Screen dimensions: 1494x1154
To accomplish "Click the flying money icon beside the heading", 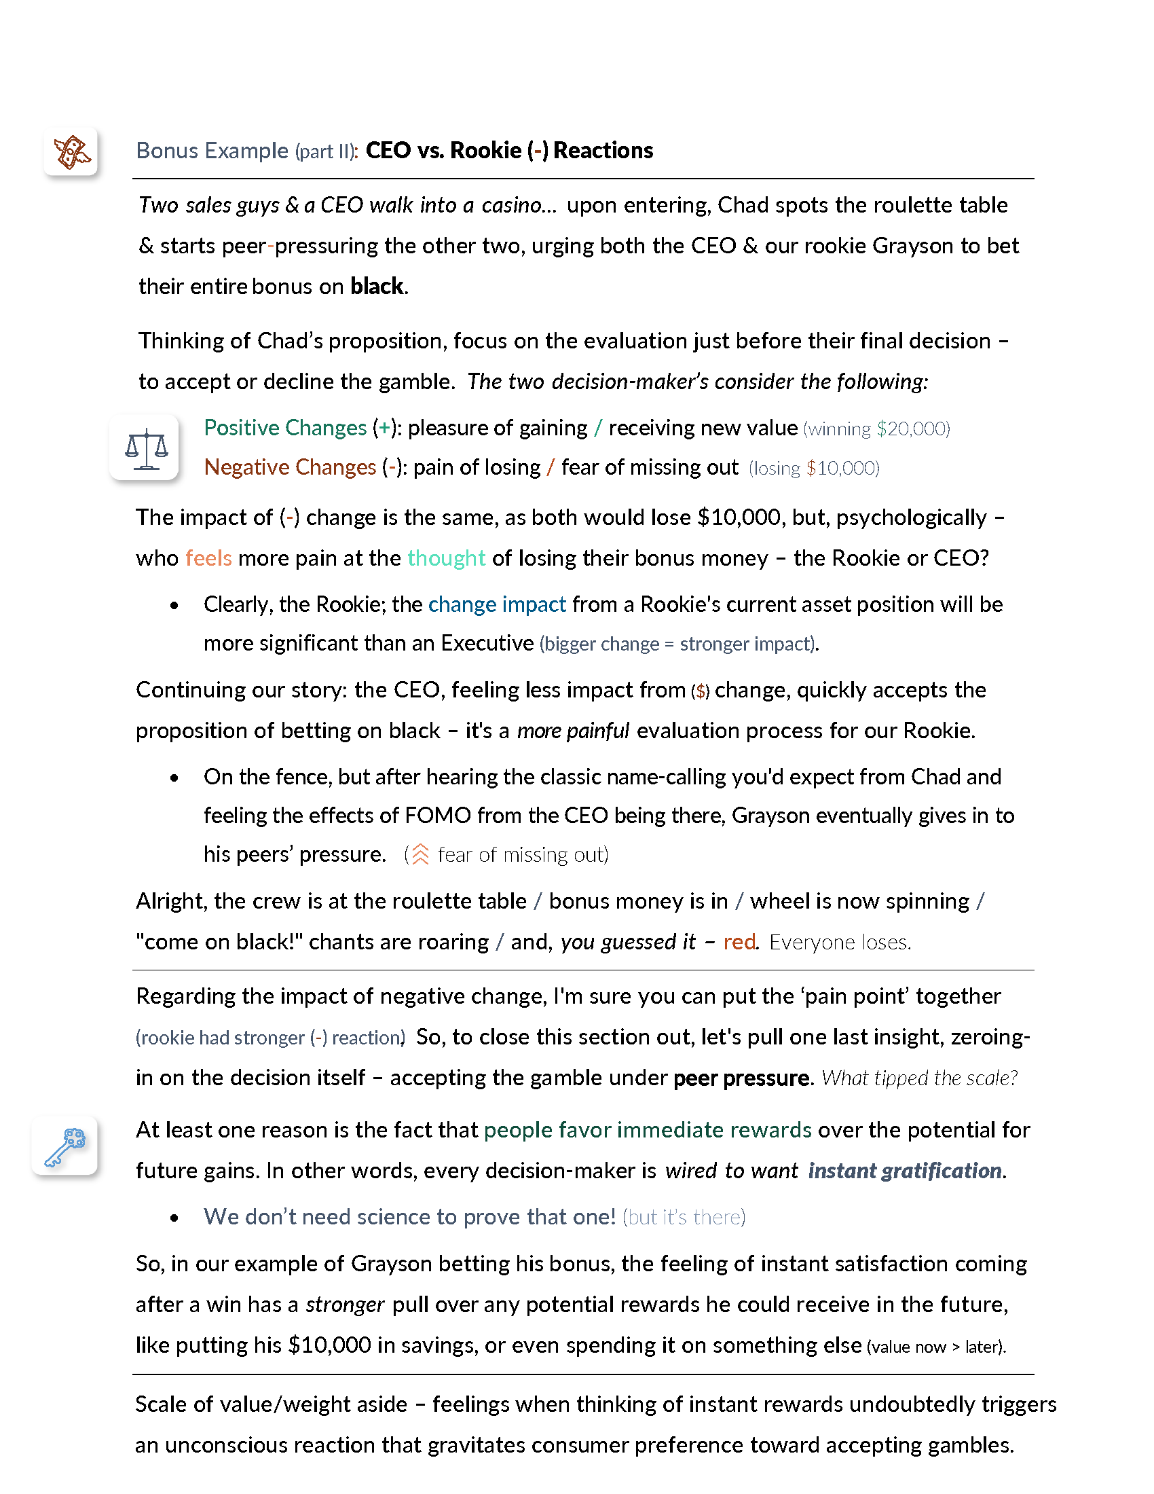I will [71, 151].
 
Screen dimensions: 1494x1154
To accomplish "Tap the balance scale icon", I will [146, 449].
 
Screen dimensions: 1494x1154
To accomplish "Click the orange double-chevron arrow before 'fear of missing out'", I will [420, 854].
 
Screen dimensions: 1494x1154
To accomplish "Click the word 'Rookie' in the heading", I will [485, 151].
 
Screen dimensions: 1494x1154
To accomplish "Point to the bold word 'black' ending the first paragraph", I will [377, 287].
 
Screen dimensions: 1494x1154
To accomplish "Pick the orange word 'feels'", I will [208, 558].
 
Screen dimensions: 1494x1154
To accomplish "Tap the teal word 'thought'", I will [447, 558].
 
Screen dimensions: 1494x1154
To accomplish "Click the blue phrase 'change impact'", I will [497, 604].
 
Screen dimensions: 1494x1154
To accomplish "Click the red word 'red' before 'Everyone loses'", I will [739, 942].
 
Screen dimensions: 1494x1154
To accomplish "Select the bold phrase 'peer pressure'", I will [742, 1078].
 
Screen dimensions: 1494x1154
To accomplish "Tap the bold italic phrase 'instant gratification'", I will [905, 1171].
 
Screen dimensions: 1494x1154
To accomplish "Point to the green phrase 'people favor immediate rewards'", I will [648, 1130].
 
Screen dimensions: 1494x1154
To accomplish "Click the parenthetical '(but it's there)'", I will [684, 1218].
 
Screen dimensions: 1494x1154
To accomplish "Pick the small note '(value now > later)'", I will [937, 1347].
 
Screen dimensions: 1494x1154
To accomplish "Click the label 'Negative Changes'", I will [290, 467].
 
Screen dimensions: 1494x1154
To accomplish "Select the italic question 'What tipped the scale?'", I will [920, 1078].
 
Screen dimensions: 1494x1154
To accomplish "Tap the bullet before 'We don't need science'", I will [175, 1218].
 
